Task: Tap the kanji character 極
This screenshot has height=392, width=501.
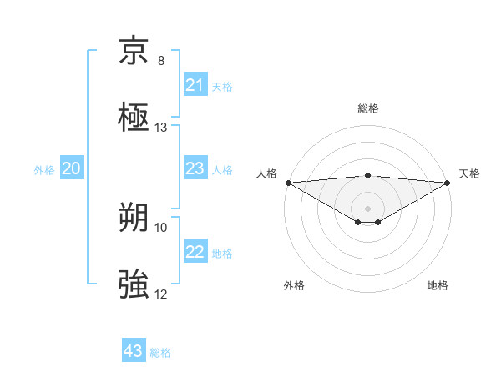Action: coord(134,116)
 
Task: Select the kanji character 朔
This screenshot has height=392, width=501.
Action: coord(134,219)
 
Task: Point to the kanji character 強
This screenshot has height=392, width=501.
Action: coord(134,284)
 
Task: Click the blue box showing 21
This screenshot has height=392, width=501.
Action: coord(195,84)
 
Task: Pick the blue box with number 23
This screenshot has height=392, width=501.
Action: coord(195,168)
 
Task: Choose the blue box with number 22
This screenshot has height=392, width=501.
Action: coord(195,252)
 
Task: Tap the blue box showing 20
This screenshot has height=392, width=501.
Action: coord(72,168)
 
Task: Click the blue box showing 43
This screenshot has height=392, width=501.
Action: coord(134,351)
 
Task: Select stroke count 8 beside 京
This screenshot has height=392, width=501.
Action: coord(161,61)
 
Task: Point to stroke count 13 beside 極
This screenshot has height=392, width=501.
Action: coord(161,128)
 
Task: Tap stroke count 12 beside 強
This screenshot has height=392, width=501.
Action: coord(161,294)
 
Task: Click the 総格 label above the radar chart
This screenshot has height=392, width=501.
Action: coord(367,108)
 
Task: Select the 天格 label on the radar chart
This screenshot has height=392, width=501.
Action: coord(469,173)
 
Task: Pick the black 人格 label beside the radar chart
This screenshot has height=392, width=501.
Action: coord(266,173)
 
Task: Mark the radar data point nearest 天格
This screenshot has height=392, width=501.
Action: coord(448,183)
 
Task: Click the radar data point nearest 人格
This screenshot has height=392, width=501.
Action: coord(288,183)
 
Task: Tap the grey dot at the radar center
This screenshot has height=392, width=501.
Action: coord(367,208)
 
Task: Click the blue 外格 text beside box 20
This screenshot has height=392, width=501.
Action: coord(44,169)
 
